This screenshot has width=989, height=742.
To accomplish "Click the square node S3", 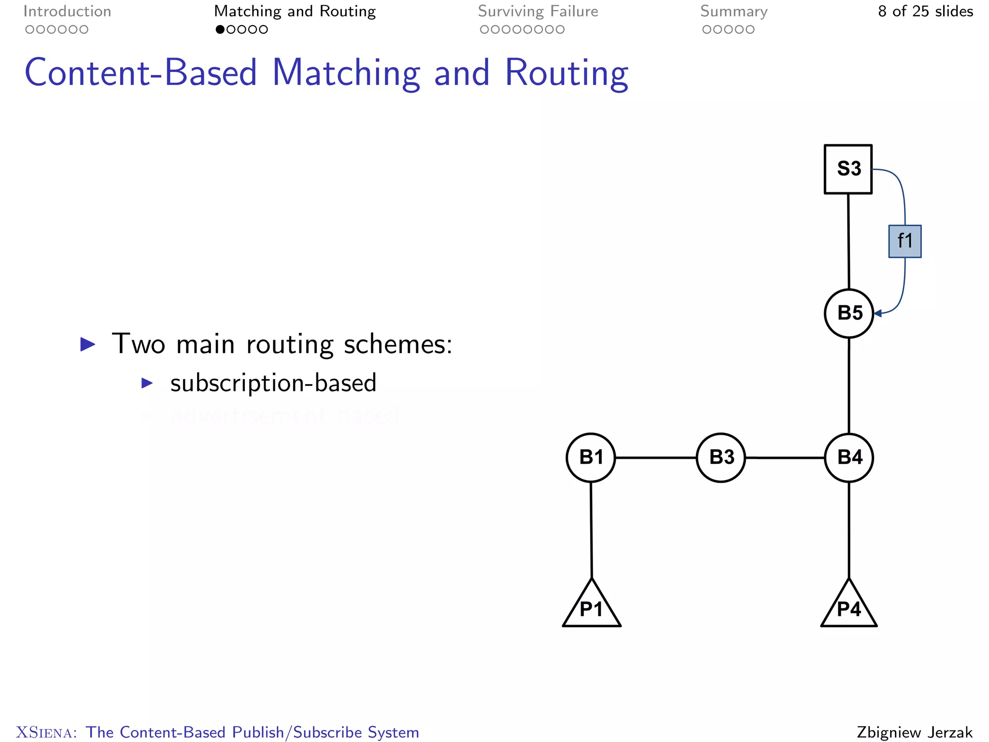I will (x=848, y=169).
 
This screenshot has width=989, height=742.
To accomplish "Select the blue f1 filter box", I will (x=904, y=241).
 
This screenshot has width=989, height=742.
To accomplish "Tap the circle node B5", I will (x=848, y=313).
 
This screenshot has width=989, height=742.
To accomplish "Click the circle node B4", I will (x=848, y=457).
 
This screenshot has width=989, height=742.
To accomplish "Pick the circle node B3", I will (x=721, y=457).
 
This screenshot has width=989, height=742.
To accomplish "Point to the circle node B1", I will (x=591, y=457).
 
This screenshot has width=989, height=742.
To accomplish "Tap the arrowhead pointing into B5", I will (x=878, y=314).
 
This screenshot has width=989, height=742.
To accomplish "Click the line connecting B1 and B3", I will (x=655, y=457).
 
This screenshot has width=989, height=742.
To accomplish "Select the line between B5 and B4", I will (x=848, y=385).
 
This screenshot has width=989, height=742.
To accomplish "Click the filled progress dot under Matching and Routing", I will (x=220, y=29).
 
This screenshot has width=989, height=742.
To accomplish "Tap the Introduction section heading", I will (x=67, y=11).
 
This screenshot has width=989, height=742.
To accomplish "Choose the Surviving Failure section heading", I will (x=538, y=11).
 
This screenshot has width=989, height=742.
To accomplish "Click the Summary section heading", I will (x=734, y=11).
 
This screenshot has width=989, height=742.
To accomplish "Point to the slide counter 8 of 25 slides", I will (x=925, y=11).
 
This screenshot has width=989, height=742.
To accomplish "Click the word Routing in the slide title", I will (x=566, y=73).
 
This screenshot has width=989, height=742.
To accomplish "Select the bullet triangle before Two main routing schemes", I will (x=87, y=344).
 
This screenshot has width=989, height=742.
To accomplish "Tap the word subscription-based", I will (x=273, y=383).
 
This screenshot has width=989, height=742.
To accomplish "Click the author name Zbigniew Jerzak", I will (x=914, y=732).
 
